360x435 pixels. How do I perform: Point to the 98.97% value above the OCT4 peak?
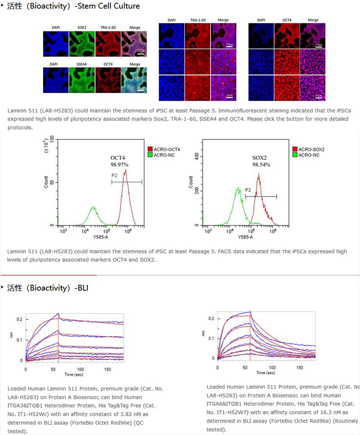click(120, 165)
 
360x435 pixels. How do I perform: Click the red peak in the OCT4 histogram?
click(126, 171)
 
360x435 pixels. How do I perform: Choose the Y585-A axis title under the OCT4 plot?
click(101, 237)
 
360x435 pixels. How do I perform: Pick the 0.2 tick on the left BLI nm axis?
click(19, 319)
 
